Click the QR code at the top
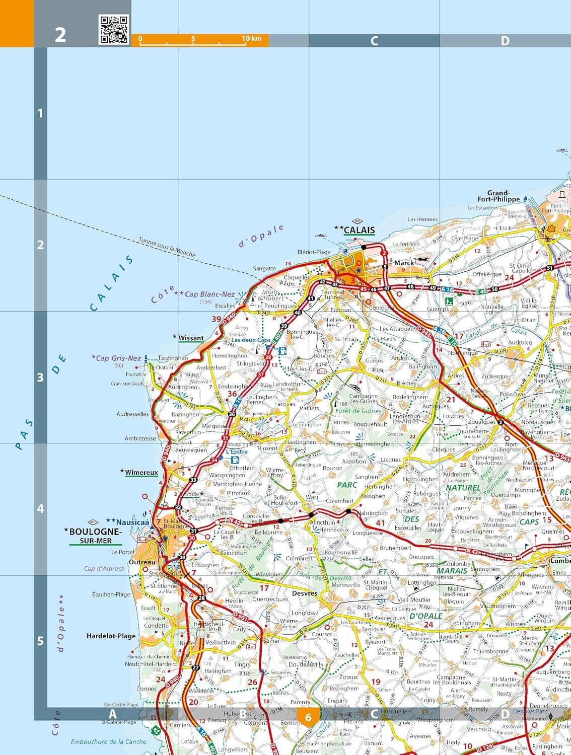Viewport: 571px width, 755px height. (114, 29)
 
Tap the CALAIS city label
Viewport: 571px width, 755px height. (359, 230)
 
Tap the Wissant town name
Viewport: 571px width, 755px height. (191, 338)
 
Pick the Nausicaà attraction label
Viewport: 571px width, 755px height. (132, 522)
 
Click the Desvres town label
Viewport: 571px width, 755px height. (305, 593)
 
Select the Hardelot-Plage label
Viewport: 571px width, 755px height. (111, 636)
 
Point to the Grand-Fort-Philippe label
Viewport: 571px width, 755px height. (498, 196)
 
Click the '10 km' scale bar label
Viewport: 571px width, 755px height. (251, 39)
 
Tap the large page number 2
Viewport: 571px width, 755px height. (60, 35)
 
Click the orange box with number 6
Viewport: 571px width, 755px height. (308, 717)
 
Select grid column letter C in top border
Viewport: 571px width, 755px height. (374, 41)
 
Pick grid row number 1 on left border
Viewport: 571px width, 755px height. (41, 113)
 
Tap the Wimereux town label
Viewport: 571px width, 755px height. (141, 472)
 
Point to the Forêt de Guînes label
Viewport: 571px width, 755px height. (358, 411)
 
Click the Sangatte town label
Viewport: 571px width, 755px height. (264, 268)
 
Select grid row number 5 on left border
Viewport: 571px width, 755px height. (41, 641)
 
